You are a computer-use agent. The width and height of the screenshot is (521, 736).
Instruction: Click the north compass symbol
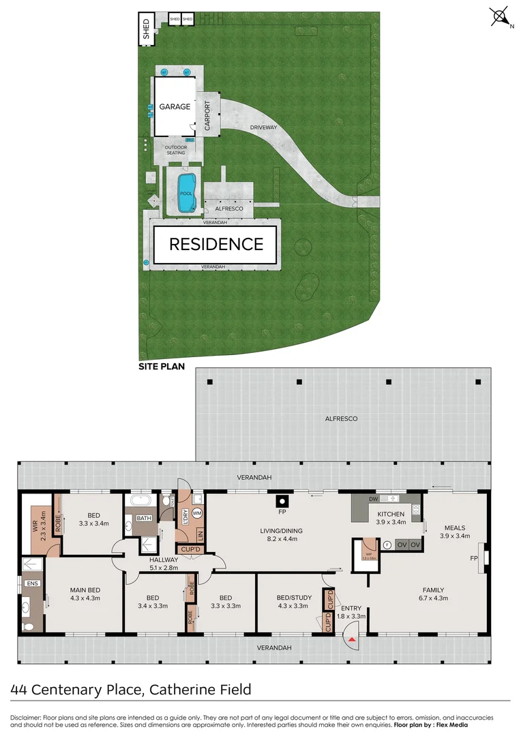click(x=500, y=16)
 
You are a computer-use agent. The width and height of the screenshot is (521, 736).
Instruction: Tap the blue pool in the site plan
click(x=185, y=192)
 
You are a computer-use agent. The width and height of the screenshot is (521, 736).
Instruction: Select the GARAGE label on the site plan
click(x=175, y=107)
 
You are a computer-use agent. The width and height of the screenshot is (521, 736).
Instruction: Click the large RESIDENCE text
click(x=216, y=244)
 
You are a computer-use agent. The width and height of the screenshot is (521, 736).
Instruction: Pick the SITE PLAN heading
click(x=163, y=366)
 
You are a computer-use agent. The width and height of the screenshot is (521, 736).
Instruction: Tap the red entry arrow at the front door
click(x=352, y=639)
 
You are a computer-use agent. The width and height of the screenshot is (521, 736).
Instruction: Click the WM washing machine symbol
click(x=197, y=512)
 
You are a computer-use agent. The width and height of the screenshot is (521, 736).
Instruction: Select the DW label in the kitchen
click(x=373, y=500)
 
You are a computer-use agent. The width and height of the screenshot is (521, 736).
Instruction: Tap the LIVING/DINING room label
click(x=281, y=531)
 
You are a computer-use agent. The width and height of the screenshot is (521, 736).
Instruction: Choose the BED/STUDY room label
click(x=289, y=598)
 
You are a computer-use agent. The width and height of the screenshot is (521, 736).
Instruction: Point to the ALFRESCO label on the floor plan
click(x=342, y=418)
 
